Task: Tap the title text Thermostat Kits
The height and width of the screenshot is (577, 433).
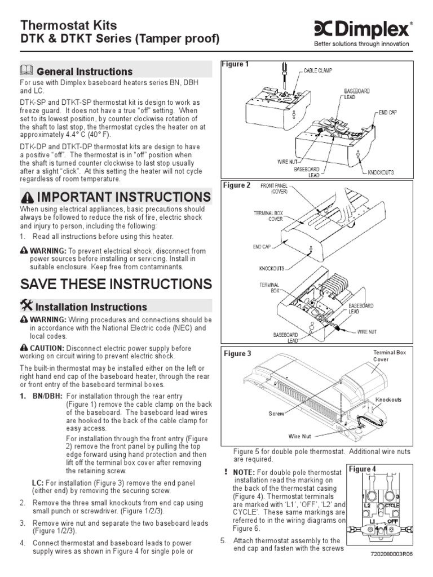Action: [69, 25]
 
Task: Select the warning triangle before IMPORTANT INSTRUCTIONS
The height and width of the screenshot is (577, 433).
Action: [27, 197]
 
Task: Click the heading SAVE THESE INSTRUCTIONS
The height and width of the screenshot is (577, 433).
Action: [116, 283]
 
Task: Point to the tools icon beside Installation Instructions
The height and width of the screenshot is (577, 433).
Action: [26, 306]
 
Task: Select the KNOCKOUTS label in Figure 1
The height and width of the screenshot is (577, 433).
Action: [381, 172]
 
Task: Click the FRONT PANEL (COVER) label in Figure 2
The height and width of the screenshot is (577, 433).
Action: [274, 188]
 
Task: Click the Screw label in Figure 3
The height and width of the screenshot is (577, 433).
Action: [276, 413]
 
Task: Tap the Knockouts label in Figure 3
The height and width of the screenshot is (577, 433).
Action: [388, 400]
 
